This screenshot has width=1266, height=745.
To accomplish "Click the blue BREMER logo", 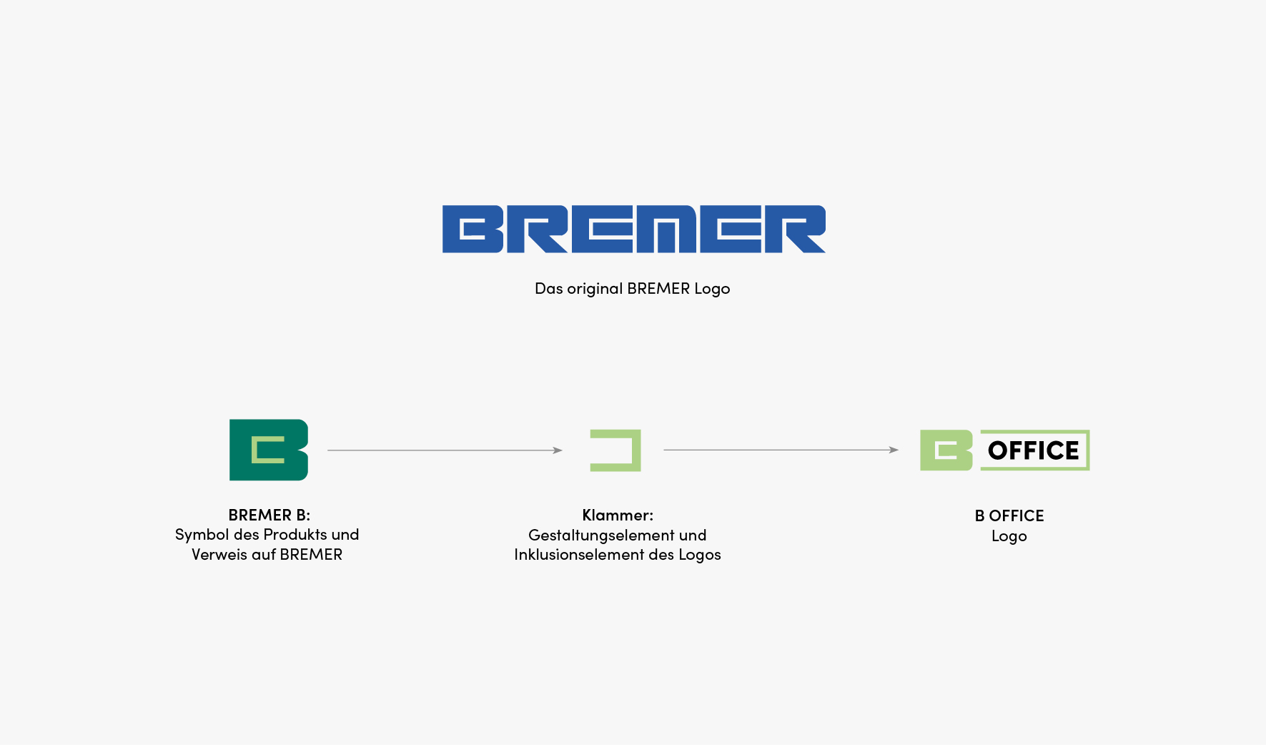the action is pyautogui.click(x=633, y=229).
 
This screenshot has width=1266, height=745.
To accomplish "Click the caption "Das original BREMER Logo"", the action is pyautogui.click(x=633, y=289).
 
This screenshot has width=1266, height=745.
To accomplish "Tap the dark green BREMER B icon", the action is pyautogui.click(x=269, y=450).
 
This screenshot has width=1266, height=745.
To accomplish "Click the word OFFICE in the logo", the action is pyautogui.click(x=1034, y=450).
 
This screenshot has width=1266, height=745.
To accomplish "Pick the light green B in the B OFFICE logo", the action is pyautogui.click(x=946, y=450).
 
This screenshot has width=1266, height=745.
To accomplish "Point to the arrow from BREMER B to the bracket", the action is pyautogui.click(x=445, y=450).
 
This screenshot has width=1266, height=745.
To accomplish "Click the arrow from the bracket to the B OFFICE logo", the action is pyautogui.click(x=781, y=450).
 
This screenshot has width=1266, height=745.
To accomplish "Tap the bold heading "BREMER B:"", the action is pyautogui.click(x=269, y=515).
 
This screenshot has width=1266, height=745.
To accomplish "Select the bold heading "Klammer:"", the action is pyautogui.click(x=618, y=515).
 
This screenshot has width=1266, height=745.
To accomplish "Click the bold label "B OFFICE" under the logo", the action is pyautogui.click(x=1009, y=515).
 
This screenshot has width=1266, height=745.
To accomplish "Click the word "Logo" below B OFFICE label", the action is pyautogui.click(x=1009, y=536).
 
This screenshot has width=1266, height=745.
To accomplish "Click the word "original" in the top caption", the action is pyautogui.click(x=595, y=289).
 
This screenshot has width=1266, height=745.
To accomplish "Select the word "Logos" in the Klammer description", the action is pyautogui.click(x=700, y=555).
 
